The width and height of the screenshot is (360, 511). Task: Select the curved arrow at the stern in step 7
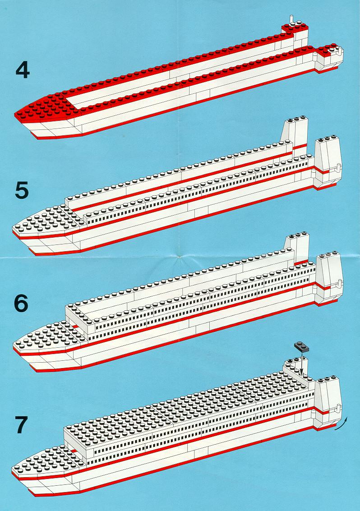pyautogui.click(x=342, y=425)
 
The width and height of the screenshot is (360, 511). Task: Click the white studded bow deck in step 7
pyautogui.click(x=45, y=459)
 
